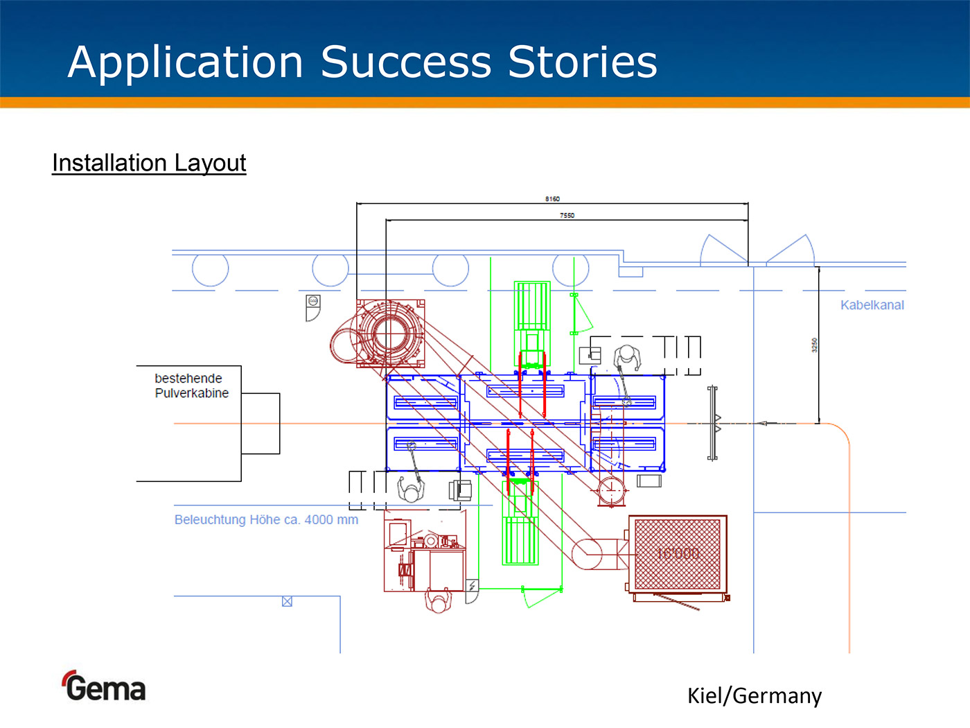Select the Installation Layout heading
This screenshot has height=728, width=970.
[x=149, y=163]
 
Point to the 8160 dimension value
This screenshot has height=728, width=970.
[x=552, y=199]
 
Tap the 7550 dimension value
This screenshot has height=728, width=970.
[x=567, y=216]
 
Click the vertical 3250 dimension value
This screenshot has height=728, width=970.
[x=815, y=345]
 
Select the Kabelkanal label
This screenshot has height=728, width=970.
[x=872, y=305]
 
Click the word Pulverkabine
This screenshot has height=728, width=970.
[x=191, y=393]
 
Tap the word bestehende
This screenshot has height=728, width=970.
[x=188, y=379]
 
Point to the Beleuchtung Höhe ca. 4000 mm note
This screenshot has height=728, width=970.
[x=266, y=520]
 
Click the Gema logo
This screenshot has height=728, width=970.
[x=105, y=687]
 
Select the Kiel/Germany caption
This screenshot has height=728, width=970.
[x=754, y=695]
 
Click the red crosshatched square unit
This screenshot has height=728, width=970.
[x=678, y=554]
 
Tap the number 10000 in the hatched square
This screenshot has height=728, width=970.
[x=678, y=553]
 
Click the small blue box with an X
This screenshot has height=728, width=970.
[x=287, y=602]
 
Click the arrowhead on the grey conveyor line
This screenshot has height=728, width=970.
[x=763, y=423]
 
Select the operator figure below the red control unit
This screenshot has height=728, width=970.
[x=438, y=600]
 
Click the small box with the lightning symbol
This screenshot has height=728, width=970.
[x=472, y=587]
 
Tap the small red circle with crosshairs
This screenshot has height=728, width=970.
[x=611, y=490]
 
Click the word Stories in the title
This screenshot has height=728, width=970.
[x=582, y=62]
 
